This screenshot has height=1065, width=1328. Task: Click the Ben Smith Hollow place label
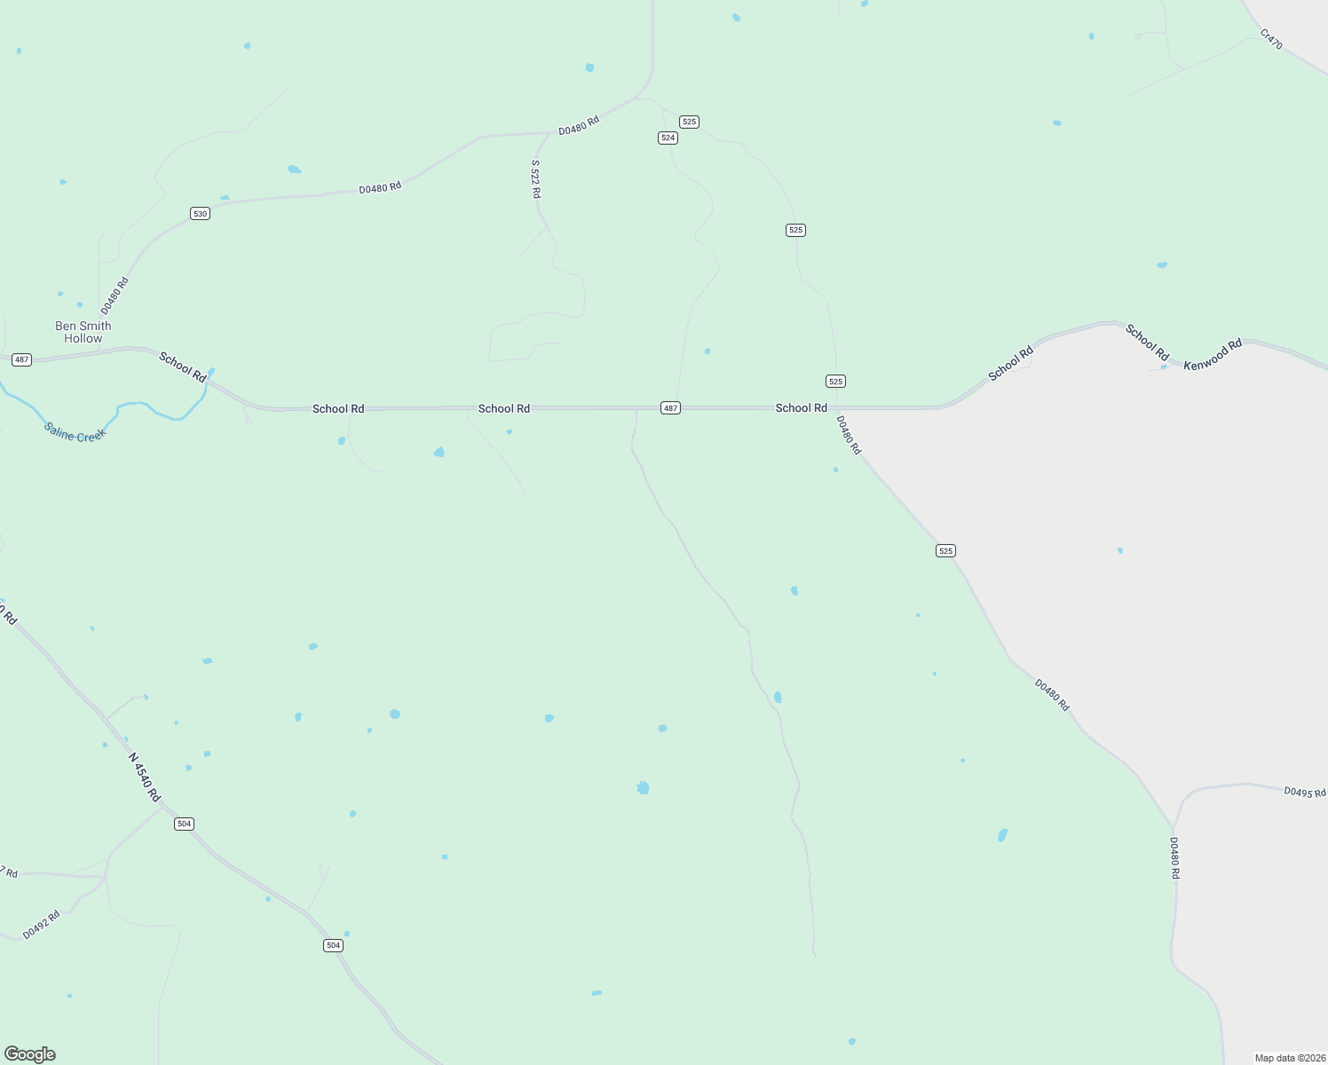point(83,332)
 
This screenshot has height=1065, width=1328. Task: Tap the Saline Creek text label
point(75,432)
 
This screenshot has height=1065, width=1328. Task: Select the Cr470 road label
point(1271,39)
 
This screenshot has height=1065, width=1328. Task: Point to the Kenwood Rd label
point(1213,354)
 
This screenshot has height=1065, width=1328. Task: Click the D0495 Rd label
point(1304,792)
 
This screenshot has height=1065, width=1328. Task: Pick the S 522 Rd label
point(535,179)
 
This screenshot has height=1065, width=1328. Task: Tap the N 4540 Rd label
point(144,777)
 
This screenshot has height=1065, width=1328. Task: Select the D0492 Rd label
point(41,925)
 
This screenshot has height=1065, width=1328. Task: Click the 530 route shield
point(200,214)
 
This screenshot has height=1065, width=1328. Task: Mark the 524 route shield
point(668,138)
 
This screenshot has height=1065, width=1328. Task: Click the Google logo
point(30,1054)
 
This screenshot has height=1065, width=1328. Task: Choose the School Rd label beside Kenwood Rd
point(1147,343)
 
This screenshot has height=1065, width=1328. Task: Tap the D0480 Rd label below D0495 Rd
point(1174,858)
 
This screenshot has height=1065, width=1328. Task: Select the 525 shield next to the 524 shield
point(689,122)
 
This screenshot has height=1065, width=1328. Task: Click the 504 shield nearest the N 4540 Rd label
point(184,824)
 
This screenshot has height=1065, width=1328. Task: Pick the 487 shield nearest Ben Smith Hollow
point(22,359)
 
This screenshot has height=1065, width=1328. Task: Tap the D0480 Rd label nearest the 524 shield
point(579,125)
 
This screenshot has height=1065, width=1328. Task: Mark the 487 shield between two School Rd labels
point(670,408)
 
